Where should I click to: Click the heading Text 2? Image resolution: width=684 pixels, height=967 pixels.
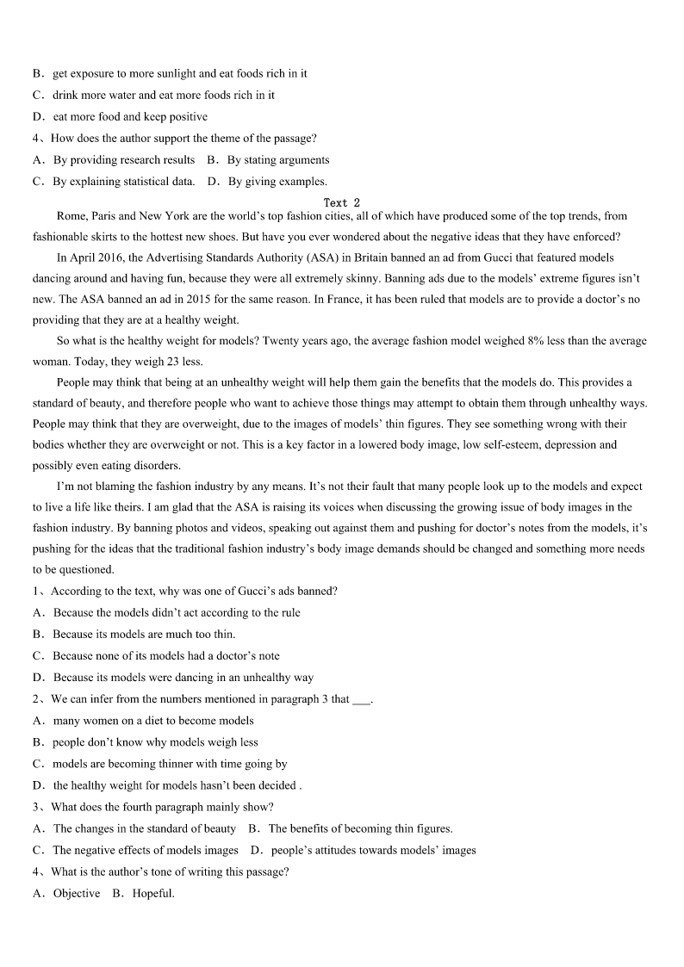341,203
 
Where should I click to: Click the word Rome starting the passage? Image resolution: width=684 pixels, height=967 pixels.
71,215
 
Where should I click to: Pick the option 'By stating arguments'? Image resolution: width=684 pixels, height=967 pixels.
269,159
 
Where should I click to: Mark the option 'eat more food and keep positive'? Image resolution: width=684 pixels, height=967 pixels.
129,117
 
